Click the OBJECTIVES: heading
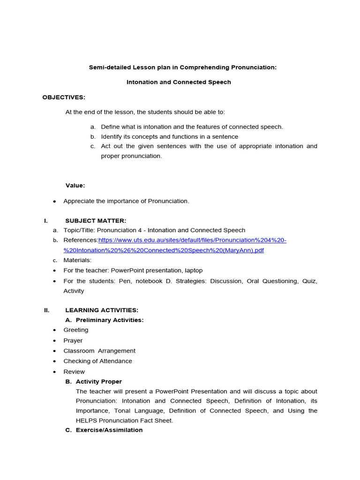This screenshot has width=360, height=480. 64,97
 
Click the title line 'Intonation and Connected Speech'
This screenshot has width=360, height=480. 179,82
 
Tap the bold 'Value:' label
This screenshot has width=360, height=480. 75,186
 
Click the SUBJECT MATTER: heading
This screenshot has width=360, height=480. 96,221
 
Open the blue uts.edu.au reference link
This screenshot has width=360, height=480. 192,240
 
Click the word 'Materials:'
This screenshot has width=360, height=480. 77,260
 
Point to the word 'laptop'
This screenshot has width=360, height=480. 190,270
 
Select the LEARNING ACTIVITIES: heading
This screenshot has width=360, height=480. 102,310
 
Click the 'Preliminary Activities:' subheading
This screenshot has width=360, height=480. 109,320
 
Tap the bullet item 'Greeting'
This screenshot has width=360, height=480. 75,330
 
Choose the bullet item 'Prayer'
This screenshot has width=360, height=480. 73,341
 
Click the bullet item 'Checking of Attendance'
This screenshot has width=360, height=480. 97,361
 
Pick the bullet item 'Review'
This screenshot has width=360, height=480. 74,372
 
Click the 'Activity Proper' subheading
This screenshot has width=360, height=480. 98,382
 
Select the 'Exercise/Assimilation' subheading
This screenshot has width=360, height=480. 109,430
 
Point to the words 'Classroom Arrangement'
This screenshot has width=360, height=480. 99,351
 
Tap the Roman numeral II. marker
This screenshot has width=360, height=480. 46,310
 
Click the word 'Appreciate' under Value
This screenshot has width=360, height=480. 79,201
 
